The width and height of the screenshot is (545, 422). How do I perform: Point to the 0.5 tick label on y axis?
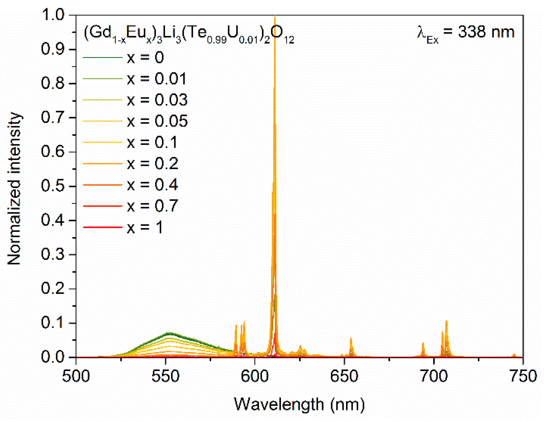pyautogui.click(x=53, y=186)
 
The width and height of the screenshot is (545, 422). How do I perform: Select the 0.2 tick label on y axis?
pyautogui.click(x=53, y=288)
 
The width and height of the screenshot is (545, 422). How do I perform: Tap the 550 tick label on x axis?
pyautogui.click(x=165, y=376)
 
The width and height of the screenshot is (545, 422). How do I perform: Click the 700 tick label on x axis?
pyautogui.click(x=434, y=376)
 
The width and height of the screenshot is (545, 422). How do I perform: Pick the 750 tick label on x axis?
pyautogui.click(x=523, y=376)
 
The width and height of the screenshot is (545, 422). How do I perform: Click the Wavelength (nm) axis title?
pyautogui.click(x=299, y=404)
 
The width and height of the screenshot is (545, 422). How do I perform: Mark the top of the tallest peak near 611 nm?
pyautogui.click(x=275, y=16)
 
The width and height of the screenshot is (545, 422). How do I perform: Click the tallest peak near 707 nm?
pyautogui.click(x=446, y=322)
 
